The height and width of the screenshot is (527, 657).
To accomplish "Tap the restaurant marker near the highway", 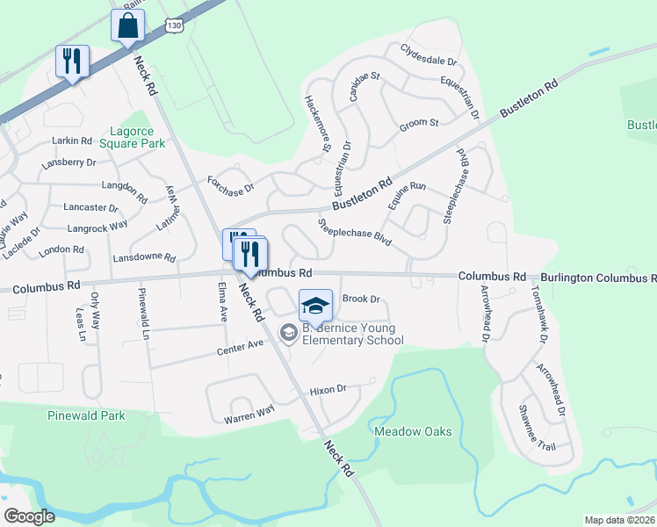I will pyautogui.click(x=70, y=61).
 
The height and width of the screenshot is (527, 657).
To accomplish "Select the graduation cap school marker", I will pyautogui.click(x=315, y=306).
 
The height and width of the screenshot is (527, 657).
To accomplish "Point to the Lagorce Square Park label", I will pyautogui.click(x=133, y=136).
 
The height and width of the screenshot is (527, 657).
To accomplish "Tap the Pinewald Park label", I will pyautogui.click(x=87, y=415).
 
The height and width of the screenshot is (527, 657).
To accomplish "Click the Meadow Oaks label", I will pyautogui.click(x=413, y=431).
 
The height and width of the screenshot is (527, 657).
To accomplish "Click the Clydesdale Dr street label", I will pyautogui.click(x=430, y=55).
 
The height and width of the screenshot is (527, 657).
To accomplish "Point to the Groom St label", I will pyautogui.click(x=418, y=123).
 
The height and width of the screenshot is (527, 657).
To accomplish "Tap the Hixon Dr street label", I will pyautogui.click(x=328, y=389).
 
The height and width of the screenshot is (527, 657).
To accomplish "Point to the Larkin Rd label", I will pyautogui.click(x=72, y=141).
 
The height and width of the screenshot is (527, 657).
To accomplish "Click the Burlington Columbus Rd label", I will pyautogui.click(x=597, y=278).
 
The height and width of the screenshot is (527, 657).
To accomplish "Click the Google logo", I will pyautogui.click(x=29, y=516).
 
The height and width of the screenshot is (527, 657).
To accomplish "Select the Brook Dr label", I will pyautogui.click(x=360, y=299).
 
